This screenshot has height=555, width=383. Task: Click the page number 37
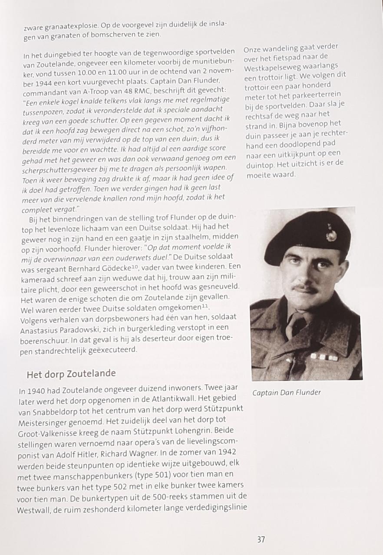(261, 539)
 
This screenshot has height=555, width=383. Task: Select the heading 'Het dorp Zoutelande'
(71, 373)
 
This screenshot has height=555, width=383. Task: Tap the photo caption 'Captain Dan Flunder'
(286, 392)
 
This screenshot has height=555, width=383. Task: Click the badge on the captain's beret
(331, 234)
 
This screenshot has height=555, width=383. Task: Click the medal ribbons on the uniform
(324, 356)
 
